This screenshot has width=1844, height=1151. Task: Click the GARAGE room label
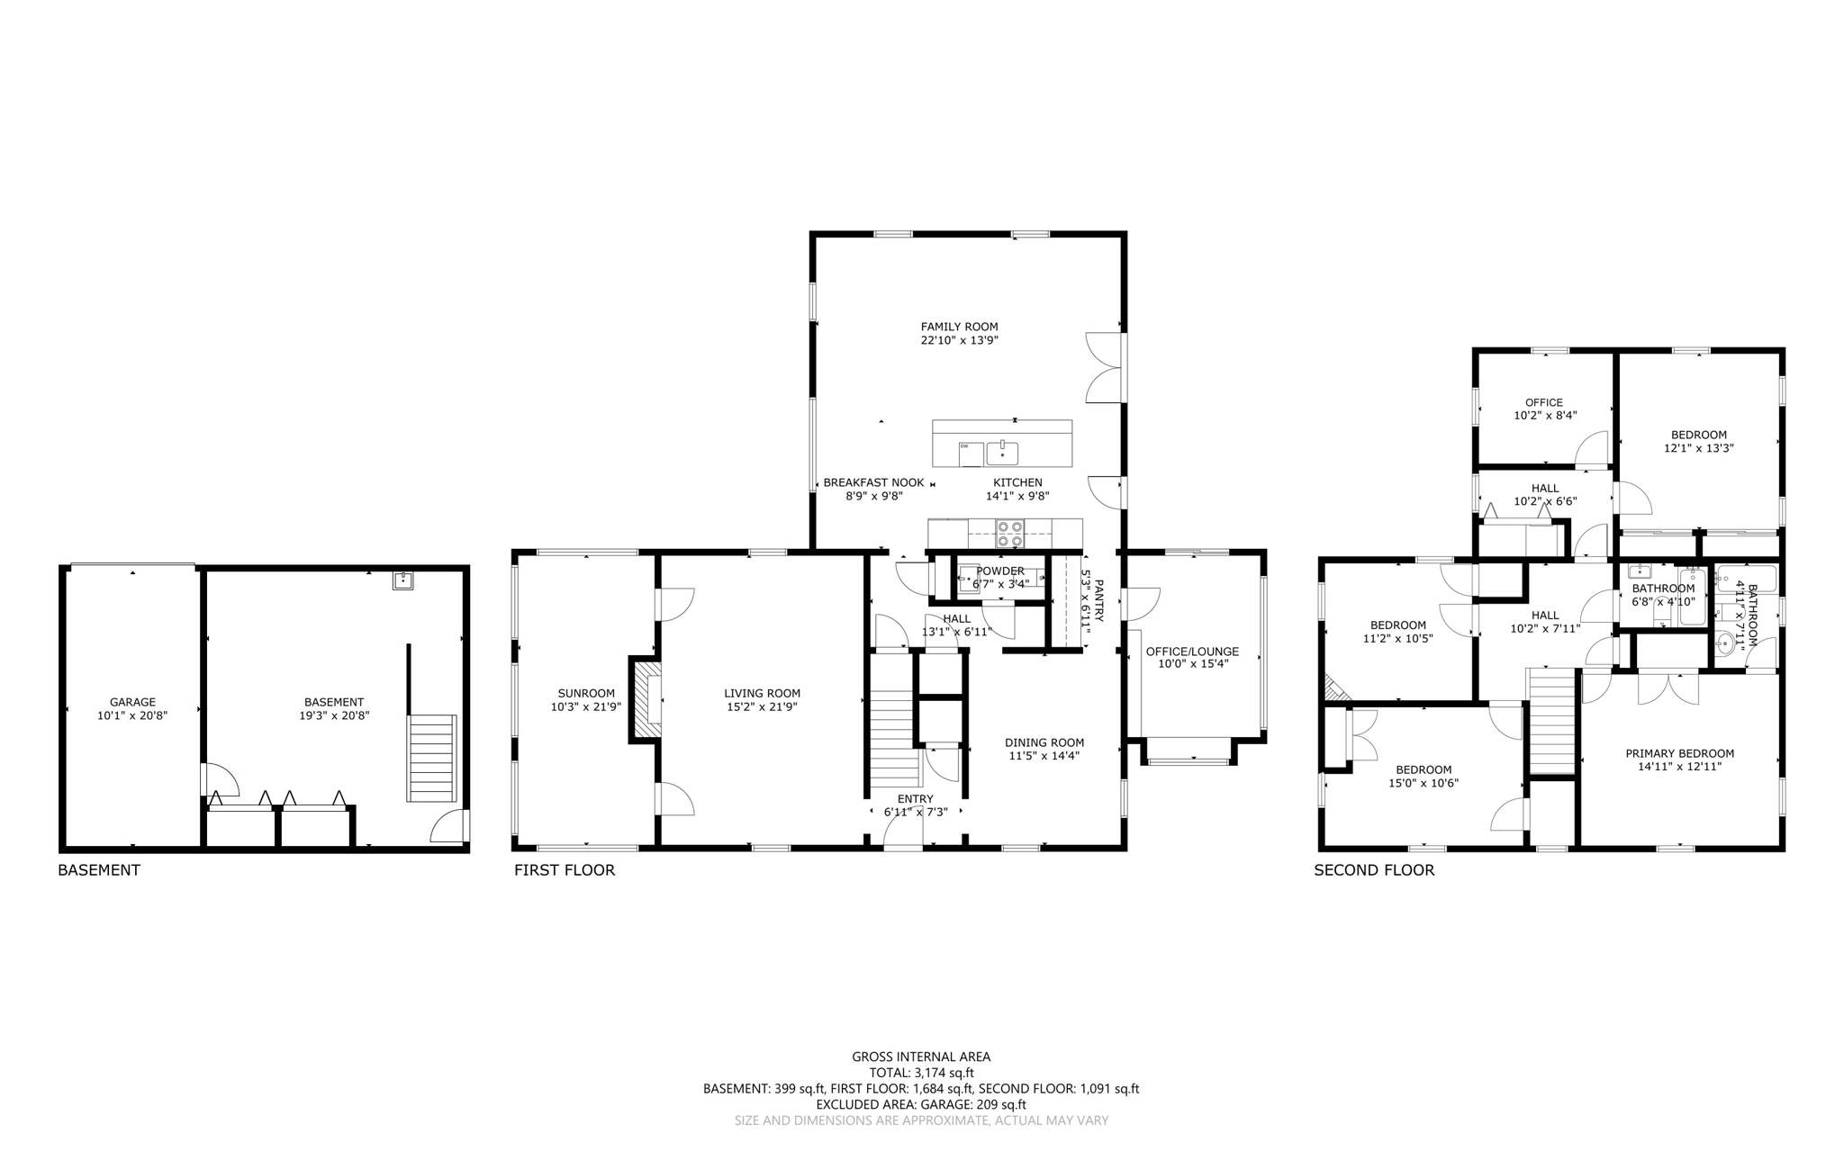click(x=132, y=702)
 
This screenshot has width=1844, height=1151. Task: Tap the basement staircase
click(x=432, y=758)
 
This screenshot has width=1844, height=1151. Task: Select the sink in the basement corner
click(x=402, y=580)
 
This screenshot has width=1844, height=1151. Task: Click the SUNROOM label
click(x=586, y=693)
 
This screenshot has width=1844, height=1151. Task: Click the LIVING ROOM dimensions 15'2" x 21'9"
click(x=763, y=707)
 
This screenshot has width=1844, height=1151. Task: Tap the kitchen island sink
click(x=1002, y=452)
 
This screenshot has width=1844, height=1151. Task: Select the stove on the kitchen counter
click(x=1009, y=533)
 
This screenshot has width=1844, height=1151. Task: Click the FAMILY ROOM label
click(x=959, y=327)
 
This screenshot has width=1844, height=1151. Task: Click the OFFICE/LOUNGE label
click(x=1192, y=652)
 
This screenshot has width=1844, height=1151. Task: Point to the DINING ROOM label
click(x=1044, y=742)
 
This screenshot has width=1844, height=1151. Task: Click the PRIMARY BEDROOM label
click(x=1679, y=754)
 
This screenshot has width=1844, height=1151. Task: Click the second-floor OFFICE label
click(x=1544, y=402)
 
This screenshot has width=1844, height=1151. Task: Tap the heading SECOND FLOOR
click(x=1374, y=870)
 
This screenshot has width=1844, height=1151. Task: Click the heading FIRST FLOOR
click(x=565, y=870)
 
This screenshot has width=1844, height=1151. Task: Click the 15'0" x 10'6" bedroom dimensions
click(x=1424, y=783)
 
